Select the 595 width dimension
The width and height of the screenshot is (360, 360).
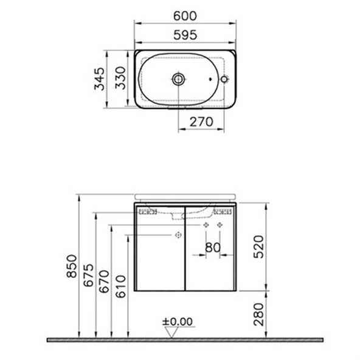coord(185,35)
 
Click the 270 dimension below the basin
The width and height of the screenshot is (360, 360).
coord(201,121)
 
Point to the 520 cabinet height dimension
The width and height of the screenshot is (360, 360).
coord(260,246)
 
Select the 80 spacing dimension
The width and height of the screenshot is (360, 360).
coord(212,247)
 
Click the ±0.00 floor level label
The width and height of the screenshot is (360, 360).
coord(177,321)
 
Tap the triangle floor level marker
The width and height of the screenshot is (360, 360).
coord(173,331)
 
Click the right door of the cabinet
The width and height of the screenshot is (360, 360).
coord(209,268)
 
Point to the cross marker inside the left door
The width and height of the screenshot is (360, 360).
coord(178,234)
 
